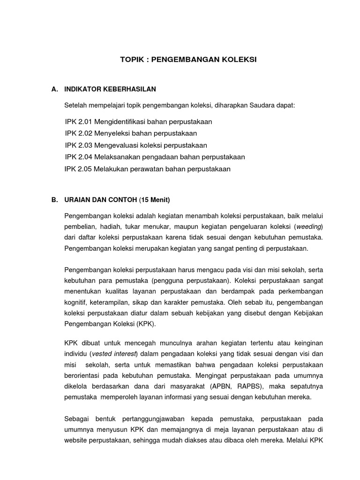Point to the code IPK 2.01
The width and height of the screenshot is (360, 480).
pyautogui.click(x=79, y=122)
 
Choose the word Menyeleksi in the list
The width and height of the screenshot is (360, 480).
pyautogui.click(x=112, y=134)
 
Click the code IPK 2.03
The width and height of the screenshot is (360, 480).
pyautogui.click(x=79, y=145)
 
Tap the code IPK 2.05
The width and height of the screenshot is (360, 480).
pyautogui.click(x=78, y=169)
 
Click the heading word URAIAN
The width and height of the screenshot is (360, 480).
pyautogui.click(x=77, y=200)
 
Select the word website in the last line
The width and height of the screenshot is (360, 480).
pyautogui.click(x=75, y=441)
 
